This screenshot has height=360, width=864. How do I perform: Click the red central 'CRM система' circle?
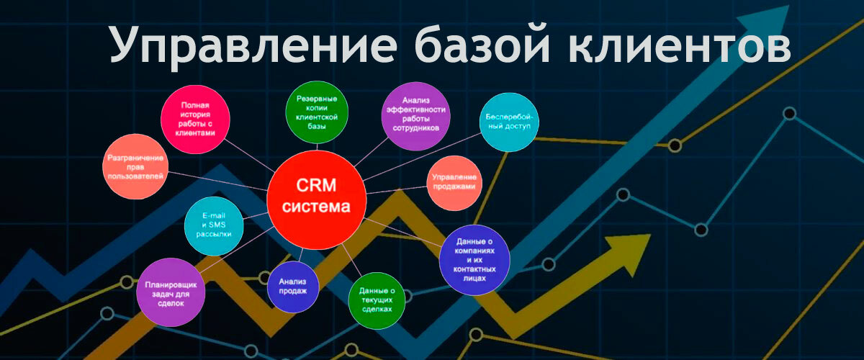316,199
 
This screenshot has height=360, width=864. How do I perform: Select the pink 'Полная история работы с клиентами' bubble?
195,120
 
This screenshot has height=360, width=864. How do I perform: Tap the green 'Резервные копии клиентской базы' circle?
317,112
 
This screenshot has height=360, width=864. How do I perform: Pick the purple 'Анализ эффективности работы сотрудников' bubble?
416,116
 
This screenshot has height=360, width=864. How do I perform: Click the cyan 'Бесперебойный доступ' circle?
509,122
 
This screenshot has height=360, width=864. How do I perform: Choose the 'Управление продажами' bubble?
454,183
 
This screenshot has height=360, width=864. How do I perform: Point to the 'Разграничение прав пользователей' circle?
135,167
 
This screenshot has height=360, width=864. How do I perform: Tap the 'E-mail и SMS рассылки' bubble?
214,226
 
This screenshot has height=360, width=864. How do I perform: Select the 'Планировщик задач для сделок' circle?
171,292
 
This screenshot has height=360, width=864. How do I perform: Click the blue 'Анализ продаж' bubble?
293,287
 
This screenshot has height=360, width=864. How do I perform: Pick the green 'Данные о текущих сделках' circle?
377,300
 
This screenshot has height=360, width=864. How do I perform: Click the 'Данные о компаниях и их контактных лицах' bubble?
474,260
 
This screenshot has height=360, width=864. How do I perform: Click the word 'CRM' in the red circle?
316,186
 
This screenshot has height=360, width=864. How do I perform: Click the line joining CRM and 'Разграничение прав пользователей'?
217,181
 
